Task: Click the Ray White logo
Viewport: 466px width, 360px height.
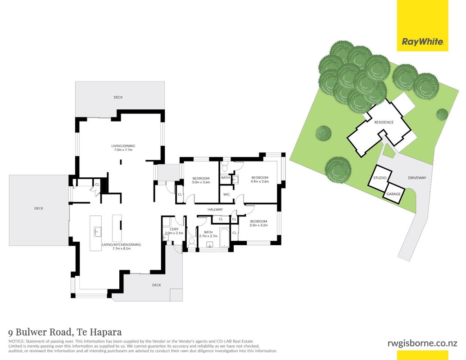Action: [423, 41]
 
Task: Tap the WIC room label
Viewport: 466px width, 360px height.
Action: [226, 194]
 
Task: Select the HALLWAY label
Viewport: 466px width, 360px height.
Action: [215, 209]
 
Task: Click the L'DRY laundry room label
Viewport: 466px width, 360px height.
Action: [174, 229]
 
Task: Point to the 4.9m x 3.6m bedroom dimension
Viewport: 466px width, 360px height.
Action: [260, 181]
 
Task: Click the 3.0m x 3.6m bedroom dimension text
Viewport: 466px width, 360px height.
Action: [201, 182]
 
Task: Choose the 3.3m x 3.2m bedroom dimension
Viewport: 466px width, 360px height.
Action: [258, 225]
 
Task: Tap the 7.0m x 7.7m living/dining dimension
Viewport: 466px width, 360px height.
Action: [123, 150]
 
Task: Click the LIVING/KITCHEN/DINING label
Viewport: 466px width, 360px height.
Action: [121, 244]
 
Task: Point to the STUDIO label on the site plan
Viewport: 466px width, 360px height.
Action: [380, 178]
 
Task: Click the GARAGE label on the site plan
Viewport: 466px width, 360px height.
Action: [394, 194]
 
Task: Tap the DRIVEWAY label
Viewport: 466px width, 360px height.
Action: [417, 178]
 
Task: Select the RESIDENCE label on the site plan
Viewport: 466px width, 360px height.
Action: [384, 122]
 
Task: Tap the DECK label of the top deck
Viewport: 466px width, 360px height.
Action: [118, 97]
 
